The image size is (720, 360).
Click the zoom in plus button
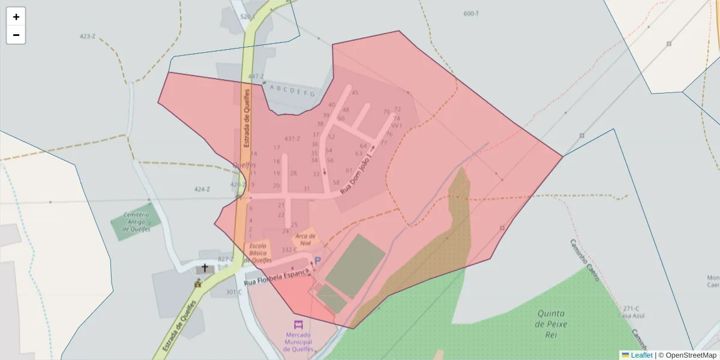point(16,17)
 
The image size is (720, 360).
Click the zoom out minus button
point(16,35)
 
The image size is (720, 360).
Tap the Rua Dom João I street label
point(357,172)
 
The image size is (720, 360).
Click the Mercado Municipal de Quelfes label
point(299,342)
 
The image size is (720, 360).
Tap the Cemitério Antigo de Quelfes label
point(136,221)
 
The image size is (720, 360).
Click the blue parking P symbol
point(318,260)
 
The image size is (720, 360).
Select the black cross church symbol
point(205,268)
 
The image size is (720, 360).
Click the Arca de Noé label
point(305,239)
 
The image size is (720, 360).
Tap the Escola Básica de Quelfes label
point(257,253)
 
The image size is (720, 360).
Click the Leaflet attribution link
point(641,355)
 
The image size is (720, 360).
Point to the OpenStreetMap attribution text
point(687,355)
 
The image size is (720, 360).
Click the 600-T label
point(472,13)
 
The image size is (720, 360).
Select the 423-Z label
point(88,36)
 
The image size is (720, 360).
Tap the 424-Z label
point(202,190)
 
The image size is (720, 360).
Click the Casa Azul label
point(631,316)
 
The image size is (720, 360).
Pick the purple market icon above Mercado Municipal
point(298,324)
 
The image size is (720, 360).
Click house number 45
point(355,92)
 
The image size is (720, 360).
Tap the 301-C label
point(233,292)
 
